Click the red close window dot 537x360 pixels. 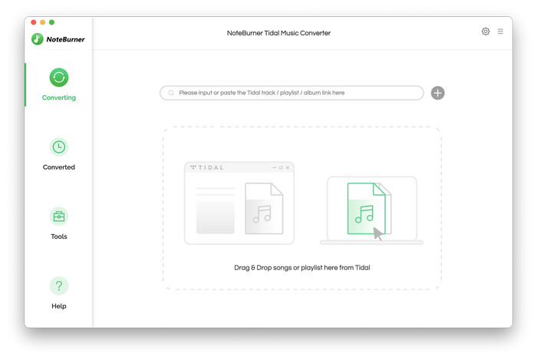33,22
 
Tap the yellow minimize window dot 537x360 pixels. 42,22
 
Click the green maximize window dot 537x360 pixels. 51,22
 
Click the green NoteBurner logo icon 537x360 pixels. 37,39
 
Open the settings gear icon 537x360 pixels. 486,31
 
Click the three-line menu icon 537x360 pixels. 500,31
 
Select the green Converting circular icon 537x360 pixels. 59,78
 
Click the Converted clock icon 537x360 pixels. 59,147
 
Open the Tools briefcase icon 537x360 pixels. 59,216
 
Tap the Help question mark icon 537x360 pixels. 59,286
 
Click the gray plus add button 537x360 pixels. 438,93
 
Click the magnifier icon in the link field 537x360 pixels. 171,93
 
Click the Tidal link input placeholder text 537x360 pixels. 262,93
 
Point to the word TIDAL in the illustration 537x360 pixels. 211,167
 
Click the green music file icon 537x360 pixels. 366,208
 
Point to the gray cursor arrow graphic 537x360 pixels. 377,233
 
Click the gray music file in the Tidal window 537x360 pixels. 264,209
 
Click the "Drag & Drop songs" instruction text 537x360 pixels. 302,268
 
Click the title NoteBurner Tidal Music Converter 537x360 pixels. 278,33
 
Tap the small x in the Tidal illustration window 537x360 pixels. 288,167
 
